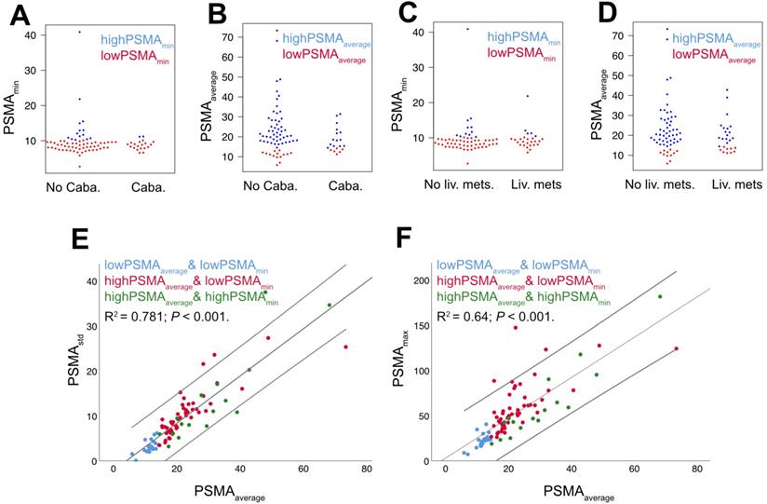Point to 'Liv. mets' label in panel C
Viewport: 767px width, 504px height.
(533, 184)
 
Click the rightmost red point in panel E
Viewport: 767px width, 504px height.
(345, 347)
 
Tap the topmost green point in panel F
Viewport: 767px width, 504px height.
(660, 296)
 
